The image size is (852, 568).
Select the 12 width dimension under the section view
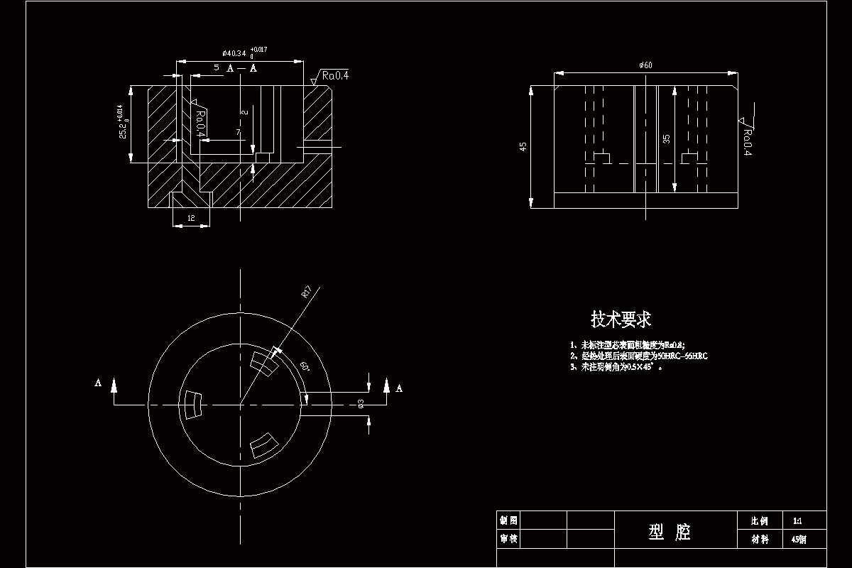point(192,219)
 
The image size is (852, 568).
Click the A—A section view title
point(241,68)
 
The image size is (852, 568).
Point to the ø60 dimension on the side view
point(645,65)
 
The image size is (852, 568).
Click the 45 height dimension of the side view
point(523,146)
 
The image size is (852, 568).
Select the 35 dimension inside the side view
point(666,139)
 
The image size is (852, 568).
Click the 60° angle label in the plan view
point(305,366)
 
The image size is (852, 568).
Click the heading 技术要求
point(621,319)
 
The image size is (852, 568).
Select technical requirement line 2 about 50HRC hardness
point(638,356)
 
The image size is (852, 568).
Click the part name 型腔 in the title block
point(670,531)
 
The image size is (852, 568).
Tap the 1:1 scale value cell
point(798,520)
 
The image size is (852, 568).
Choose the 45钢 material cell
point(798,539)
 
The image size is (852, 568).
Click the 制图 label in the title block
point(508,520)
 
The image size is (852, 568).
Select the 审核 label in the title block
point(508,539)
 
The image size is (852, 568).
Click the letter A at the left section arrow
point(98,383)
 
